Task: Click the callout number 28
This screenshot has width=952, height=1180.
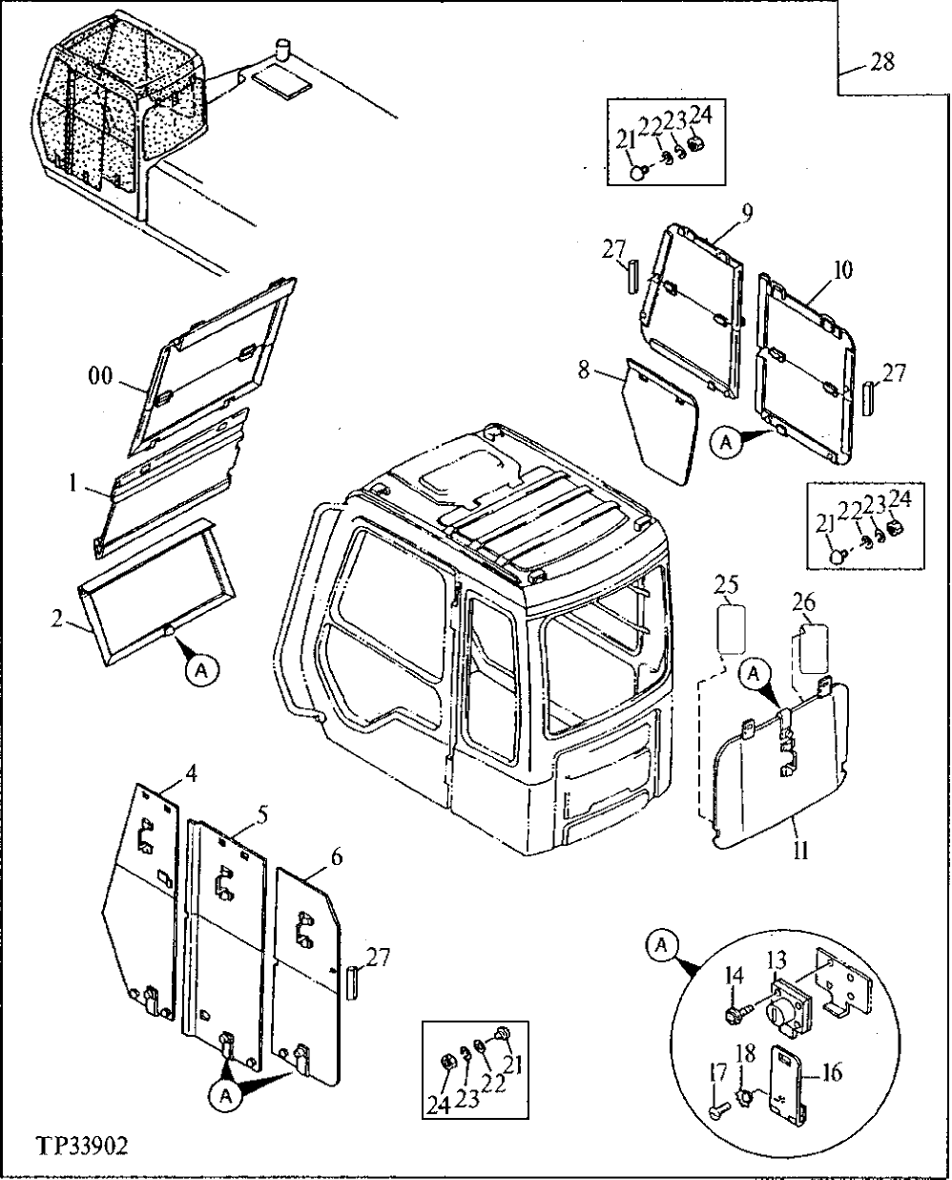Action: [x=883, y=62]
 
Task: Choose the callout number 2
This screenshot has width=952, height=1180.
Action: [x=59, y=619]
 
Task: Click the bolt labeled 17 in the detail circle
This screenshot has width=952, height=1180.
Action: [x=720, y=1110]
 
